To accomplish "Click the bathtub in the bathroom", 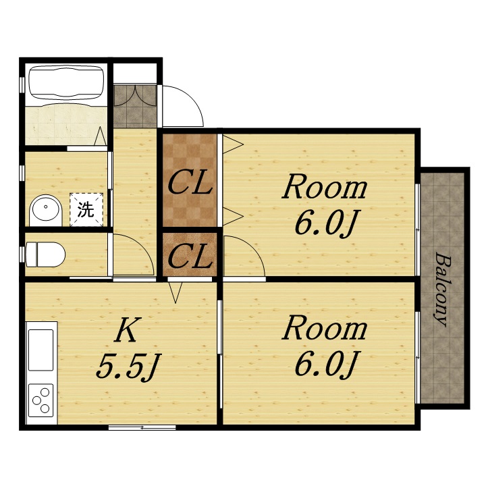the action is (66, 82).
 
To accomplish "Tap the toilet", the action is (45, 254).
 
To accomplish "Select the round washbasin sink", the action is (46, 210).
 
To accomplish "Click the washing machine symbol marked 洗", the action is (86, 209).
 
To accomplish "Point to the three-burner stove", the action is (41, 400).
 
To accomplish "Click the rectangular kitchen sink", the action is (41, 350).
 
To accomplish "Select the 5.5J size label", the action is (128, 367).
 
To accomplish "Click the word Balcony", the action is (442, 289).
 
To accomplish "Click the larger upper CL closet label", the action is (190, 183).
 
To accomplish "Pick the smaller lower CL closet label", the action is (190, 256).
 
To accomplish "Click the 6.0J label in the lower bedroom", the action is (325, 364).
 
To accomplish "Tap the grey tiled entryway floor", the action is (135, 105).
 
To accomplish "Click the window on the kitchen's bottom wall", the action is (142, 427).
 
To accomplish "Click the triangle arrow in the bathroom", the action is (100, 136).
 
